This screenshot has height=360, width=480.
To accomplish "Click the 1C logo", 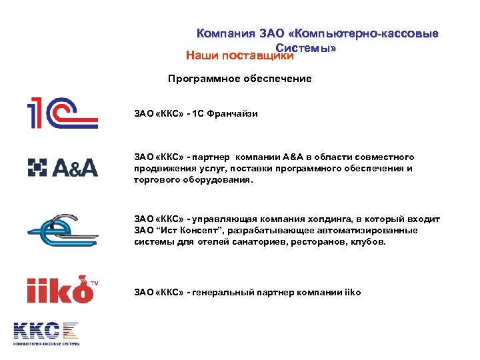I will click(62, 111).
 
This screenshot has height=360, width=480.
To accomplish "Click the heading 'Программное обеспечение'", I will click(240, 79).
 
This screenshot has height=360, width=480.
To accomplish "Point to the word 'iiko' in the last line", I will click(352, 292).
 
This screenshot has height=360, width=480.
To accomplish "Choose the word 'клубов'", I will click(367, 242).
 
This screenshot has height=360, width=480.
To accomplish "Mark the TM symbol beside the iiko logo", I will click(95, 282).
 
